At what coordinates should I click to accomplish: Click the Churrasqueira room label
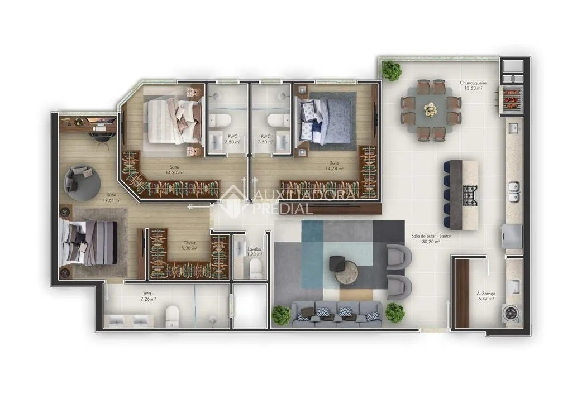[x=471, y=83]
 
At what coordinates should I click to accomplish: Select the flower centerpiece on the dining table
[x=430, y=110]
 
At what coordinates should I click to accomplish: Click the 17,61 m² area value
[x=111, y=200]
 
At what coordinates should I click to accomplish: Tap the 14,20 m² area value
[x=175, y=172]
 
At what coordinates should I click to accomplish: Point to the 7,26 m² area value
[x=149, y=299]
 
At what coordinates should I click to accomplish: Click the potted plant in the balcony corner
[x=391, y=70]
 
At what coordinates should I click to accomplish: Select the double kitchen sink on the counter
[x=513, y=192]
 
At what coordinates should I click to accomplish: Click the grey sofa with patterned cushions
[x=337, y=314]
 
